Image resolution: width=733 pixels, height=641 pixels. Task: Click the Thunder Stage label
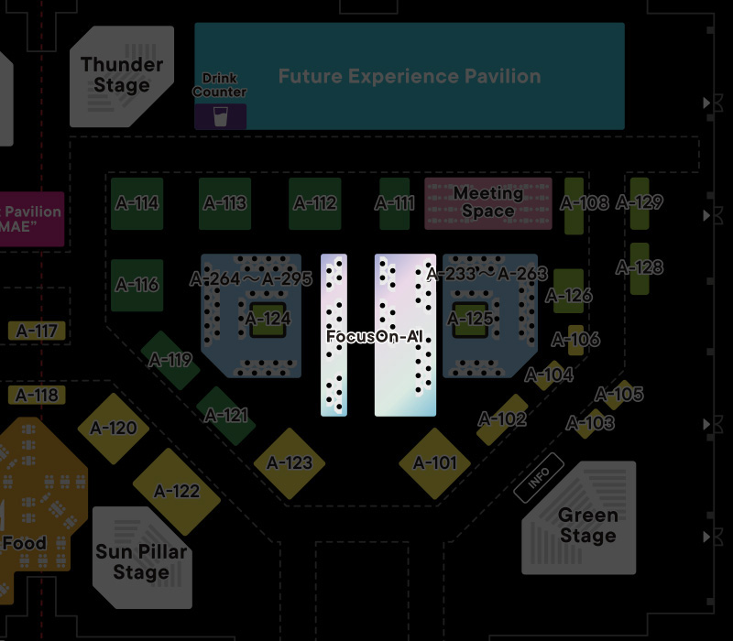(x=122, y=75)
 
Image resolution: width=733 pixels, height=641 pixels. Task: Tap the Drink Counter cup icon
(x=220, y=116)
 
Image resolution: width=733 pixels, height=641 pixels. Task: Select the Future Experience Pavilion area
(x=409, y=76)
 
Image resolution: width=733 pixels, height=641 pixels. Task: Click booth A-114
(x=137, y=203)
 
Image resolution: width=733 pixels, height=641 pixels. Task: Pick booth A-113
(x=224, y=203)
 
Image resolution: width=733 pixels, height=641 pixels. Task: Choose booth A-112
(x=314, y=203)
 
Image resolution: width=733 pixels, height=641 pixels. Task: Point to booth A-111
(x=395, y=203)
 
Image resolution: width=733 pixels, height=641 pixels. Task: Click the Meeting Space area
(x=488, y=202)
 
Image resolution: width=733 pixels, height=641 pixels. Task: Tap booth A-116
(x=137, y=285)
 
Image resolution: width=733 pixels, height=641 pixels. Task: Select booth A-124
(x=268, y=319)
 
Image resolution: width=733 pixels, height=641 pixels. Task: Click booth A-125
(x=470, y=319)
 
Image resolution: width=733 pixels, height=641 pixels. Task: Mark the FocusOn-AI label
(x=374, y=336)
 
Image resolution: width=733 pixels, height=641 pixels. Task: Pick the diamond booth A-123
(x=290, y=463)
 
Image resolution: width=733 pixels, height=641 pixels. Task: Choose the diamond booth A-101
(x=434, y=462)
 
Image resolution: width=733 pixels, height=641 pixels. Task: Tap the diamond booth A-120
(x=114, y=429)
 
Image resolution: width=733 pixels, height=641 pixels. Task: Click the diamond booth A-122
(x=177, y=492)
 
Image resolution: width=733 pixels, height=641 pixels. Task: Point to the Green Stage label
(x=587, y=526)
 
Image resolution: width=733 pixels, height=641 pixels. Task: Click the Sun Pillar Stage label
(x=140, y=562)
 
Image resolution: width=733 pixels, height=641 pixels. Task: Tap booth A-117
(x=38, y=331)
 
